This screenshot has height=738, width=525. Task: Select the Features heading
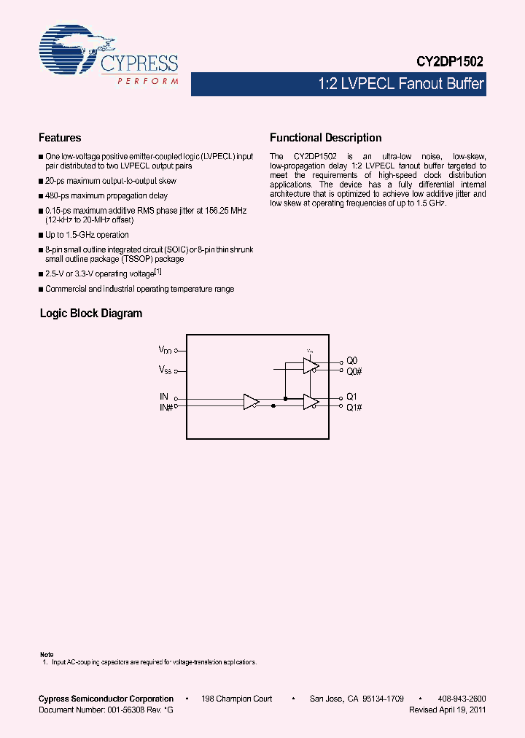[60, 138]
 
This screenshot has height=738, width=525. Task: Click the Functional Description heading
[325, 138]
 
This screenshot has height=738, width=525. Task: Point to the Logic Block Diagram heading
[90, 314]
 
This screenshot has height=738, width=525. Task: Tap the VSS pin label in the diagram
[166, 370]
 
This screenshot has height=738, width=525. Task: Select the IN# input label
[166, 407]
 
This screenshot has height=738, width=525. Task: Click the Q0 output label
[351, 361]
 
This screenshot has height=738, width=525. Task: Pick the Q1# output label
[354, 407]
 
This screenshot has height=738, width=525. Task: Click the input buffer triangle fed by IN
[251, 402]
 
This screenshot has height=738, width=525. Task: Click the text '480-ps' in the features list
[58, 195]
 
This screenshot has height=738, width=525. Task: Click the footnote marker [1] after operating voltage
[157, 272]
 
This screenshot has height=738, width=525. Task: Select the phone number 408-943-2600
[463, 699]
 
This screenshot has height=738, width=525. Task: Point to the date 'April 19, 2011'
[462, 709]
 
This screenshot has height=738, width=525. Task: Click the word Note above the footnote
[47, 654]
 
